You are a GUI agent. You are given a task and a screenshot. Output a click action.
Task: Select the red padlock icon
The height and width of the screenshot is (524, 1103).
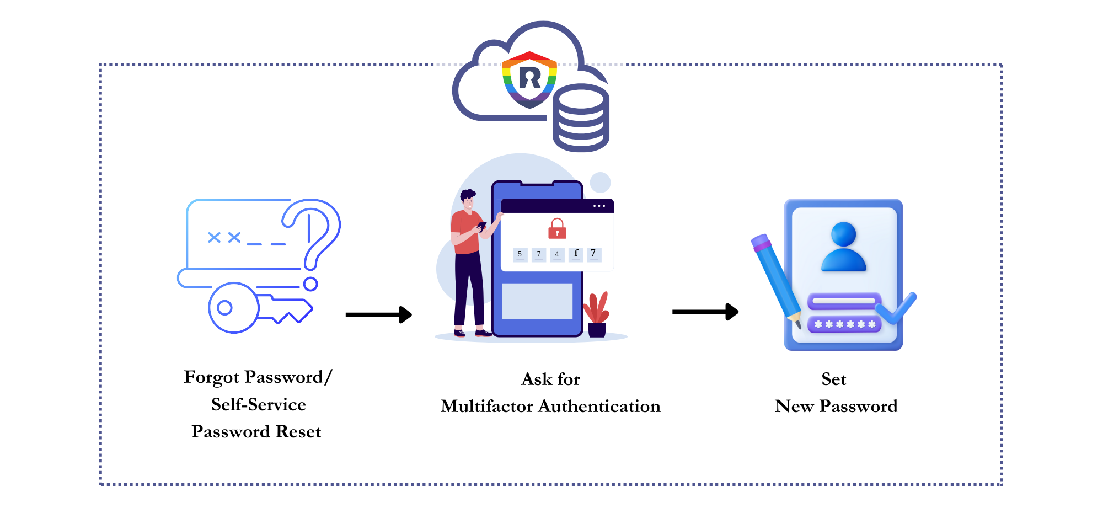point(557,228)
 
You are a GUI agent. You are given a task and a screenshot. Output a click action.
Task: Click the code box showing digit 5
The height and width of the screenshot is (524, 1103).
point(520,254)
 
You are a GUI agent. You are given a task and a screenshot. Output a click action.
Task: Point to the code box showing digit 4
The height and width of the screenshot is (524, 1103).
point(557,254)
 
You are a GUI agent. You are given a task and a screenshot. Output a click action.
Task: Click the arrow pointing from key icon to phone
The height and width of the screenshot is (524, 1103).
point(378,314)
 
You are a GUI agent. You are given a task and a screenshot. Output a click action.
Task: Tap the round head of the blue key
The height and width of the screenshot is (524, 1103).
point(233,308)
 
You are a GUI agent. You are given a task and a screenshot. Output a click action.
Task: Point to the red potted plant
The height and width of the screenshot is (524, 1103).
point(597,314)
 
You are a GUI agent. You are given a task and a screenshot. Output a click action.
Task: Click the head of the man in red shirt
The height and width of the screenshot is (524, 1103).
point(468,200)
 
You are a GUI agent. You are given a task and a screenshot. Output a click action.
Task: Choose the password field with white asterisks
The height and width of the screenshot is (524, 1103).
point(844,324)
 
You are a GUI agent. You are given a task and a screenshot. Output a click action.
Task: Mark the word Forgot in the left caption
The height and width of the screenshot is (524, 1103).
point(212,377)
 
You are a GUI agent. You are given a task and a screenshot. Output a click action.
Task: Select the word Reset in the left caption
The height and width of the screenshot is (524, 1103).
point(298,432)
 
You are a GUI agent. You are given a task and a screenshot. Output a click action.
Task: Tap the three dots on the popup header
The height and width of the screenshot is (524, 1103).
point(599,206)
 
